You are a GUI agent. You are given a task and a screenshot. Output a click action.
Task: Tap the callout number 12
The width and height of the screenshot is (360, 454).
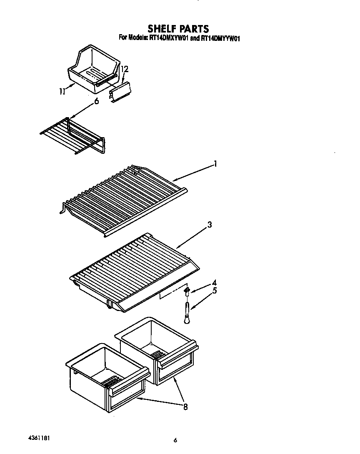tap(125, 69)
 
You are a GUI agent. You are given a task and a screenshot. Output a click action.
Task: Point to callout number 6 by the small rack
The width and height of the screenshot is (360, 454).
tap(96, 101)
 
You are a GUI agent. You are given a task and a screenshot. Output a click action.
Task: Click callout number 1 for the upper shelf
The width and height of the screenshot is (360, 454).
tap(215, 164)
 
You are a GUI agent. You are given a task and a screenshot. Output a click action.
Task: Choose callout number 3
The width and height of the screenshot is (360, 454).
tap(210, 225)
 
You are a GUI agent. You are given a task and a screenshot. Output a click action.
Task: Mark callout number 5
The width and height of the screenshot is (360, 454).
tap(214, 291)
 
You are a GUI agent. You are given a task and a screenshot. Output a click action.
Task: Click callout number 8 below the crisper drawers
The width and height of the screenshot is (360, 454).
tap(185, 406)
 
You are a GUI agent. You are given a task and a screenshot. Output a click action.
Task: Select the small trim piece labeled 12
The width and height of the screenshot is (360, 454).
tap(120, 91)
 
